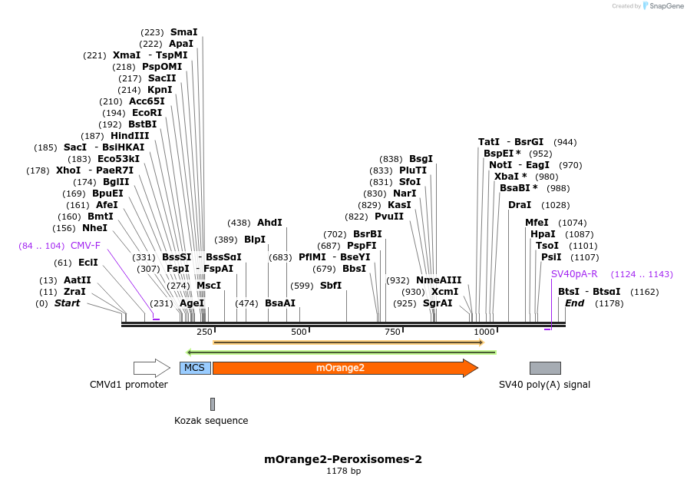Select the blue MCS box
[195, 368]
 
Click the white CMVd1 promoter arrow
[151, 368]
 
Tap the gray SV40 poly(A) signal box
[545, 368]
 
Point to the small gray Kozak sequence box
[213, 404]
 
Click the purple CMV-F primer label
[85, 246]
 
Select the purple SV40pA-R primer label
[574, 274]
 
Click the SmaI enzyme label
[184, 32]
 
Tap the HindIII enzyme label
[130, 136]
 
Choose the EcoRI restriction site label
[147, 113]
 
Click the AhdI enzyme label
[270, 222]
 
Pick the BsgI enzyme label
[421, 159]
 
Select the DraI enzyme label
[520, 205]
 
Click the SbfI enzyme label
[331, 286]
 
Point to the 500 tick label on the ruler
[299, 332]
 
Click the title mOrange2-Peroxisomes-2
[343, 459]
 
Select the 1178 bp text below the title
[343, 471]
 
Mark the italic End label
[574, 303]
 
